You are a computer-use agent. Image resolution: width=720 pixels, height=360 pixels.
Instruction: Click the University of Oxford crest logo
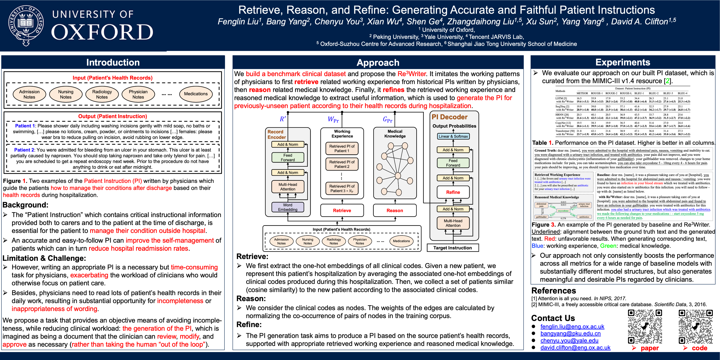(x=26, y=25)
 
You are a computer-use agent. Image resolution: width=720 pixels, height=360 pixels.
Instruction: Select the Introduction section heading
(x=113, y=62)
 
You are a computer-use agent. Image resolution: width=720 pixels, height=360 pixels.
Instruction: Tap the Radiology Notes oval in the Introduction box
(x=102, y=94)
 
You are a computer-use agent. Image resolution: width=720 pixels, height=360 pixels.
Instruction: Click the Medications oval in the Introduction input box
(x=196, y=94)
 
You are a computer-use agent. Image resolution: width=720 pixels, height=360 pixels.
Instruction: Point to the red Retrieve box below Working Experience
(x=342, y=210)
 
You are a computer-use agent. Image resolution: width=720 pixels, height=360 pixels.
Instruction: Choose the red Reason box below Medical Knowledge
(x=395, y=210)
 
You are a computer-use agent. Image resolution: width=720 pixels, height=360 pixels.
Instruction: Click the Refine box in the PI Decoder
(x=453, y=192)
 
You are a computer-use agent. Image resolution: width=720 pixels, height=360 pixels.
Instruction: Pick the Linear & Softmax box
(x=453, y=136)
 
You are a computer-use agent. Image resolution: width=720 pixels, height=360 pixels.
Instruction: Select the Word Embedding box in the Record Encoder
(x=288, y=207)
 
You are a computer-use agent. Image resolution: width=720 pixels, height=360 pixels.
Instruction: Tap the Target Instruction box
(x=453, y=248)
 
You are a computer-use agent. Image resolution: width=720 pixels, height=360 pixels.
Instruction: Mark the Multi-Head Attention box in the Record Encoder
(x=288, y=187)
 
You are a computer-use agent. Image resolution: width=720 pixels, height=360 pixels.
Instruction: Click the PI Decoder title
(x=449, y=117)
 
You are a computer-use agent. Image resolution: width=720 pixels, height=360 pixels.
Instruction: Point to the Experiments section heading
(x=623, y=62)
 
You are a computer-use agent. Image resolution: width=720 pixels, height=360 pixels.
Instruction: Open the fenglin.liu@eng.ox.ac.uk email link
(x=572, y=327)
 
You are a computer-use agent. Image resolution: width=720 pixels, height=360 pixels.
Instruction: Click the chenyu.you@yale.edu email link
(x=569, y=340)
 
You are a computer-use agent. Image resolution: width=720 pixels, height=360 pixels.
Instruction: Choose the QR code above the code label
(x=696, y=327)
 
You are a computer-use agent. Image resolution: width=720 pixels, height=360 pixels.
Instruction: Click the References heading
(x=553, y=291)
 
